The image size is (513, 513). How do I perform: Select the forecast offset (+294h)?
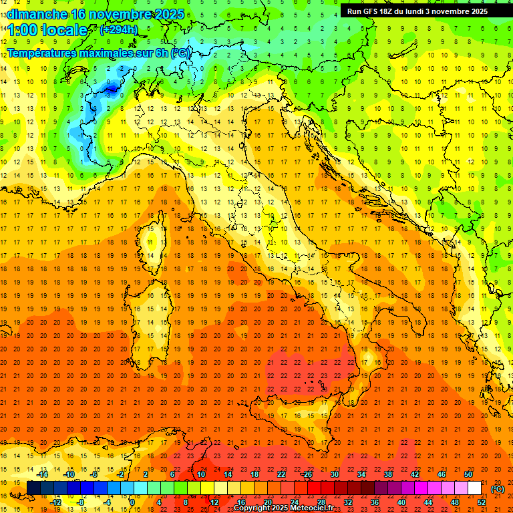[120, 30]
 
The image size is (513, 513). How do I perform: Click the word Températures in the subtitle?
[39, 52]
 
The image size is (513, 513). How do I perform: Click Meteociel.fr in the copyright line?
[314, 508]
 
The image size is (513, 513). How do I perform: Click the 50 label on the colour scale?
[468, 474]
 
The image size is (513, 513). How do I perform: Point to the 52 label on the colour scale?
[482, 502]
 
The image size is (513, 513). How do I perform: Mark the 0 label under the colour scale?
[132, 502]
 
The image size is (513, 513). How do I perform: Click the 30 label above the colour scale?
[335, 474]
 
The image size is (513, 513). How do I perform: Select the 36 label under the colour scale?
[375, 502]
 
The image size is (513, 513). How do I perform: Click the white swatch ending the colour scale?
[475, 488]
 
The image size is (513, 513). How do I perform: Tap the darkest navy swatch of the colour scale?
[33, 488]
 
